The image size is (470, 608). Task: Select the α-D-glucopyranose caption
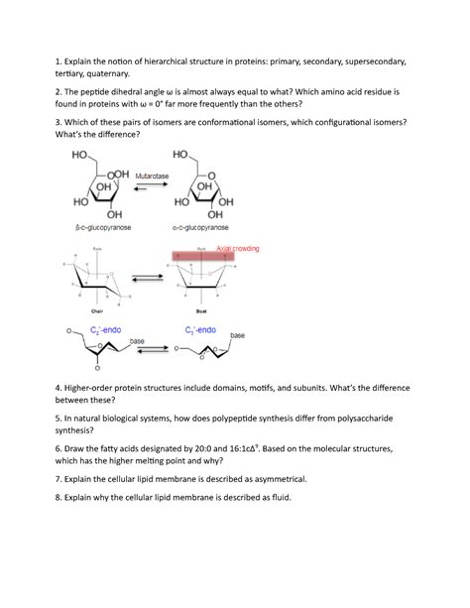pos(202,227)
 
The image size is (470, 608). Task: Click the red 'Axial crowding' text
pos(238,249)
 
